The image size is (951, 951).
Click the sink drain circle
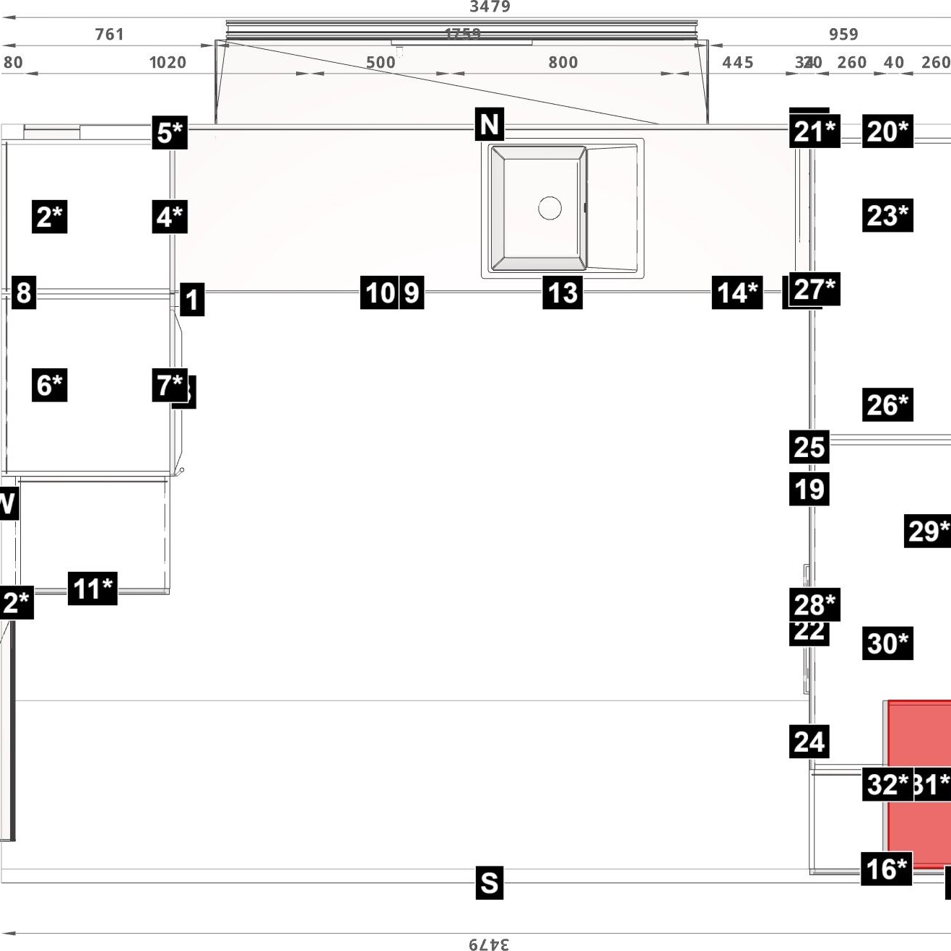pyautogui.click(x=550, y=208)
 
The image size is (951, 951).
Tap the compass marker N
pyautogui.click(x=490, y=124)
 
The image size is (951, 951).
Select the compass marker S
pyautogui.click(x=490, y=882)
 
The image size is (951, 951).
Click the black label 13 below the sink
pyautogui.click(x=563, y=293)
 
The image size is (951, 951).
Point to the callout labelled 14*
pyautogui.click(x=737, y=293)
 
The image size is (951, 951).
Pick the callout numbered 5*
pyautogui.click(x=170, y=133)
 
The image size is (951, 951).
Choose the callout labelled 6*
pyautogui.click(x=50, y=385)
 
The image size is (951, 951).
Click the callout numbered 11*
pyautogui.click(x=93, y=589)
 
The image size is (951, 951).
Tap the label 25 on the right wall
pyautogui.click(x=809, y=447)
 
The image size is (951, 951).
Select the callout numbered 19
pyautogui.click(x=809, y=490)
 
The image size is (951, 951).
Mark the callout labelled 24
pyautogui.click(x=809, y=742)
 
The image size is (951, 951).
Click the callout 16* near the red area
pyautogui.click(x=886, y=869)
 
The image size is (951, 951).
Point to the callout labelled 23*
pyautogui.click(x=887, y=215)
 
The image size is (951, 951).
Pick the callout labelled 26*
pyautogui.click(x=887, y=404)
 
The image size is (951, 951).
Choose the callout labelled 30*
pyautogui.click(x=887, y=643)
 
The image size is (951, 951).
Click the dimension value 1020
pyautogui.click(x=168, y=63)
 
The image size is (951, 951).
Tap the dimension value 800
pyautogui.click(x=563, y=63)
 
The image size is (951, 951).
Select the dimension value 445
pyautogui.click(x=737, y=63)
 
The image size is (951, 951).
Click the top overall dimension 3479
pyautogui.click(x=490, y=7)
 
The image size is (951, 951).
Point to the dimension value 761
pyautogui.click(x=110, y=34)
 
